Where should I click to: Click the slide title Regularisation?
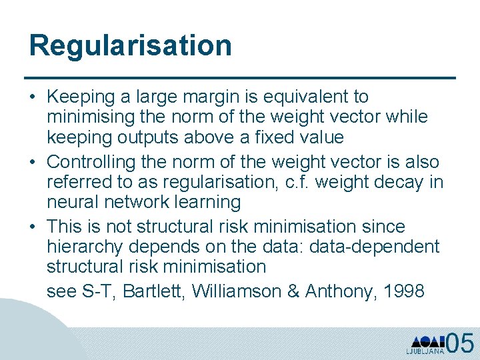131,46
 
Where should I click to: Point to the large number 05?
460,343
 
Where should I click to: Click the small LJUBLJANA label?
425,351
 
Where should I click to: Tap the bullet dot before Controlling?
33,162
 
